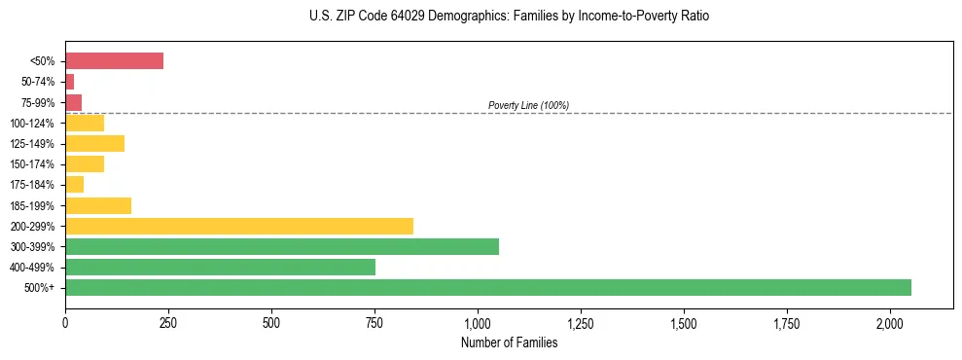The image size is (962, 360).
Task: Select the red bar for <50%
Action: pyautogui.click(x=114, y=61)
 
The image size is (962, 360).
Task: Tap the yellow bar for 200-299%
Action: pyautogui.click(x=239, y=226)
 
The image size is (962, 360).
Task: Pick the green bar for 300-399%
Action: pyautogui.click(x=282, y=246)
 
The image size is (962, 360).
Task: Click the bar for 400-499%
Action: pyautogui.click(x=220, y=267)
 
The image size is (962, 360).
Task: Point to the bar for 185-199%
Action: pyautogui.click(x=98, y=205)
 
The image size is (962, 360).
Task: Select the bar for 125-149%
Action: pyautogui.click(x=94, y=144)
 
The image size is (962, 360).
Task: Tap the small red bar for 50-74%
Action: pyautogui.click(x=70, y=82)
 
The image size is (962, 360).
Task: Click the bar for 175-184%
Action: pyautogui.click(x=75, y=185)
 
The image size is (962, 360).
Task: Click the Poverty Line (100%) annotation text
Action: pyautogui.click(x=528, y=105)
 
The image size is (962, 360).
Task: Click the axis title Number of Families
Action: pyautogui.click(x=509, y=342)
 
